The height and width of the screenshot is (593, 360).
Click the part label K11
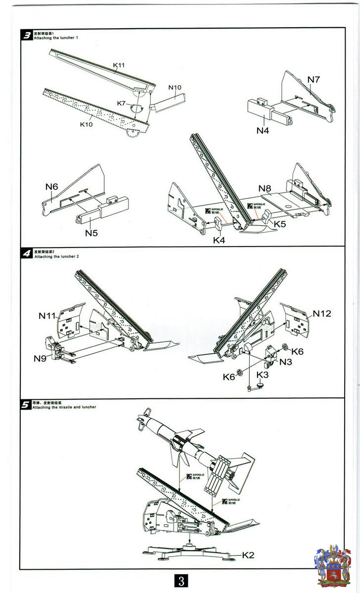click(x=119, y=65)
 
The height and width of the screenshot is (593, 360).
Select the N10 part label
click(x=175, y=87)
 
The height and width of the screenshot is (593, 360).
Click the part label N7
click(x=314, y=80)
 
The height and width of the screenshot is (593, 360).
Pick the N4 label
click(x=263, y=130)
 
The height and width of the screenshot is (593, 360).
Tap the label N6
click(x=52, y=186)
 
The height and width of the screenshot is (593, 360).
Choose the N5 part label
click(x=91, y=232)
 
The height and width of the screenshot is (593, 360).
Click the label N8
click(x=265, y=188)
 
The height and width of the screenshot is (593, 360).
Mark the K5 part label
click(x=280, y=223)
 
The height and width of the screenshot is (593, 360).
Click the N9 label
click(x=40, y=358)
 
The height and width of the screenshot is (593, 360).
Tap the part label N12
click(x=321, y=314)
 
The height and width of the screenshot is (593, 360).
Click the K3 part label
click(x=263, y=375)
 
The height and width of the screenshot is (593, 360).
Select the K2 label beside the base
click(x=248, y=555)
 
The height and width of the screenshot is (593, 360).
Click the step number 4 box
click(x=27, y=253)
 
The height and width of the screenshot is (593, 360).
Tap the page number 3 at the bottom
click(x=181, y=581)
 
